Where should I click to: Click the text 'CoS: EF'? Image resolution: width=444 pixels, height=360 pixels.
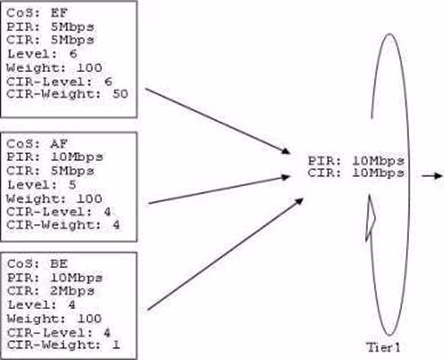(x=37, y=13)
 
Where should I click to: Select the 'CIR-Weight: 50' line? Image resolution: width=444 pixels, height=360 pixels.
(x=68, y=94)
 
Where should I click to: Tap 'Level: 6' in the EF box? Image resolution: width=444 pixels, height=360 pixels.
(x=42, y=54)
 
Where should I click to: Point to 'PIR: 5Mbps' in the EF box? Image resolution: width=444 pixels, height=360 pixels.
(x=50, y=27)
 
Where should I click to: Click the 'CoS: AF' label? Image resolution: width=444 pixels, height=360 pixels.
(x=37, y=144)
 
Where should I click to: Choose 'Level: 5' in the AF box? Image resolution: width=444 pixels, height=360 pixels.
(x=42, y=185)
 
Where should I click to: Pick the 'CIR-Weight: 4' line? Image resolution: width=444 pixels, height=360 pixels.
(x=63, y=225)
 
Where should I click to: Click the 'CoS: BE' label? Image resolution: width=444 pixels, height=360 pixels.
(x=37, y=264)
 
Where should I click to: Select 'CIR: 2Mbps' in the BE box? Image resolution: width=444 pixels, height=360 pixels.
(x=51, y=291)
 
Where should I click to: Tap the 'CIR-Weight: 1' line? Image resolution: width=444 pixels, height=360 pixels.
(x=63, y=345)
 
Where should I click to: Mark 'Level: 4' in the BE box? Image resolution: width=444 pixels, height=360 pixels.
(x=42, y=305)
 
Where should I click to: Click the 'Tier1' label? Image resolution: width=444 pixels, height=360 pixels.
(x=384, y=348)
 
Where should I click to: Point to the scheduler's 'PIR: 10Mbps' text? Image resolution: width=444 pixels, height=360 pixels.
(x=357, y=161)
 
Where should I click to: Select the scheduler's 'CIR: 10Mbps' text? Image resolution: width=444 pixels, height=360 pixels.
(x=357, y=173)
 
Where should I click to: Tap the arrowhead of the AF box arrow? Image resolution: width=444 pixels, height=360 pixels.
(x=285, y=177)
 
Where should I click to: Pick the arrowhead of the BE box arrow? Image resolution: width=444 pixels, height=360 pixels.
(x=299, y=201)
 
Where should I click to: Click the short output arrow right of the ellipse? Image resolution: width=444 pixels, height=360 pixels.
(x=432, y=176)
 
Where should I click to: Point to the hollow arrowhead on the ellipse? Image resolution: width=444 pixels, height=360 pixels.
(x=370, y=218)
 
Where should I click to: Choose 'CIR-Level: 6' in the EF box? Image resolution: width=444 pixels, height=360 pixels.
(x=59, y=82)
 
